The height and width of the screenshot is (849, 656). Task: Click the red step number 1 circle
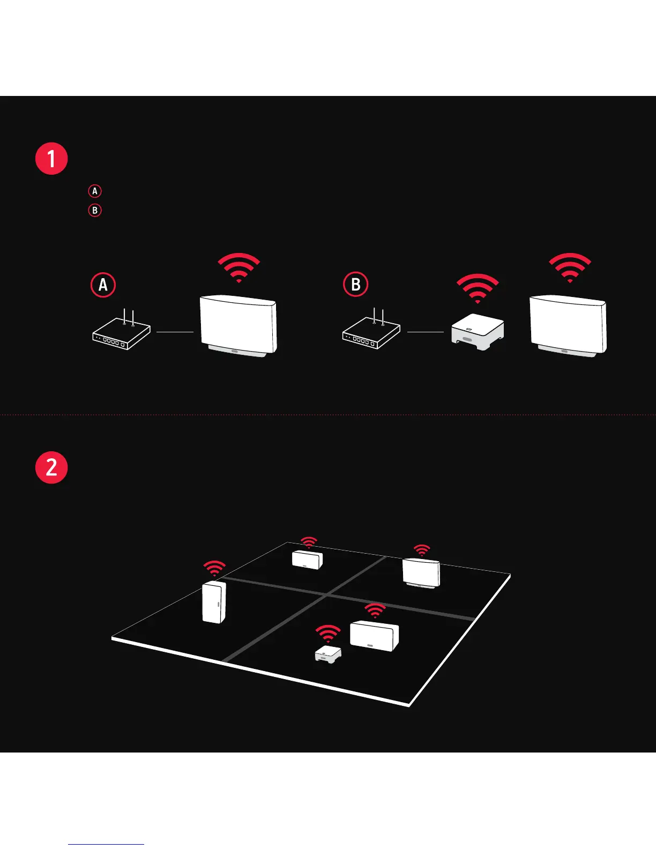(x=51, y=159)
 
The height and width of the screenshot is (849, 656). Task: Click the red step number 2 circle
(x=51, y=467)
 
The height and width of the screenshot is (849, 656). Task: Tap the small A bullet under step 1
(x=95, y=191)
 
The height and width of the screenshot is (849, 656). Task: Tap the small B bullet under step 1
(x=95, y=210)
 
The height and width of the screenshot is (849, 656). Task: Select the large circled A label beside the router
(x=103, y=285)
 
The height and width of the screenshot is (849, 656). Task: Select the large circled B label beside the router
(x=355, y=285)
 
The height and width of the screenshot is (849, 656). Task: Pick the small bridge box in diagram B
(x=477, y=332)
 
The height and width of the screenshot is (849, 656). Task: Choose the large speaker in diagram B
(x=568, y=325)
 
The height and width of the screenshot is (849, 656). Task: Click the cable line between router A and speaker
(x=175, y=332)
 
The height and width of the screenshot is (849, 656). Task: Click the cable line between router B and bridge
(x=426, y=332)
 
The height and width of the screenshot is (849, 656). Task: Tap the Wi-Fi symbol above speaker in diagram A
(x=238, y=267)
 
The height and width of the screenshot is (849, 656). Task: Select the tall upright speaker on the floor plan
(x=214, y=602)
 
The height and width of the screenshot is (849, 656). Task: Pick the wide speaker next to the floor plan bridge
(x=375, y=636)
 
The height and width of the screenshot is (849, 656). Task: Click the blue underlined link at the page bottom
(x=106, y=844)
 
